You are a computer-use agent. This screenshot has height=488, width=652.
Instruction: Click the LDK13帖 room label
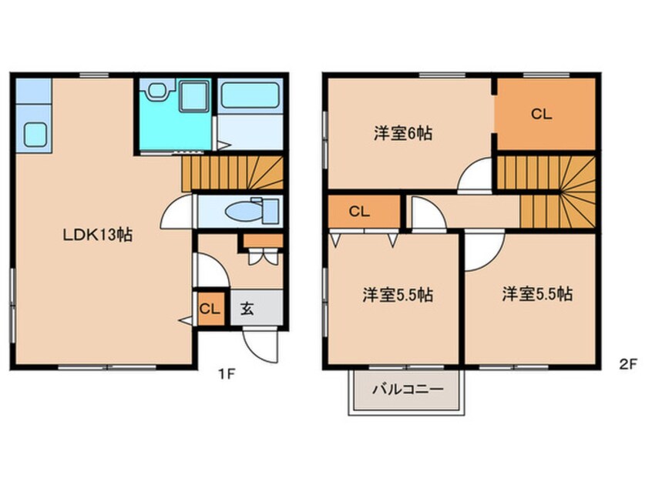tap(98, 235)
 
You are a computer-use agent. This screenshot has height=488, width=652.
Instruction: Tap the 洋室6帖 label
tap(403, 133)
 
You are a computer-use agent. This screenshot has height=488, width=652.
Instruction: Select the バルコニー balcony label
tap(408, 389)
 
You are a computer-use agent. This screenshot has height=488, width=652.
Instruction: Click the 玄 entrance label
tap(247, 308)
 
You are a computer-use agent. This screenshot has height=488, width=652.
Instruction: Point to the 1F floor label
tap(227, 374)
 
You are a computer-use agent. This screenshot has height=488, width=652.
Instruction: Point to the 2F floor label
tap(628, 364)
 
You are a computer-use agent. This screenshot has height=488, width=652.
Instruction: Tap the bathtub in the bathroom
tap(250, 95)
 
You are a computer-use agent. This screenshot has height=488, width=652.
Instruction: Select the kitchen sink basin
tap(35, 134)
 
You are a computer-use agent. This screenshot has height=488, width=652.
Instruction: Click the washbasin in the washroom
tap(157, 90)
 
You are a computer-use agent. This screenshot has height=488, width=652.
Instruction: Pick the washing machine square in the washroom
tap(194, 96)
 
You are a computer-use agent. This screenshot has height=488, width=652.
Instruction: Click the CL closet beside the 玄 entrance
tap(211, 309)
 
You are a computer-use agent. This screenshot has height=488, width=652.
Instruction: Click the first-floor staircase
tap(233, 173)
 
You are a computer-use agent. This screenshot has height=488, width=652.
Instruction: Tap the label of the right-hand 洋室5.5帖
tap(537, 294)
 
